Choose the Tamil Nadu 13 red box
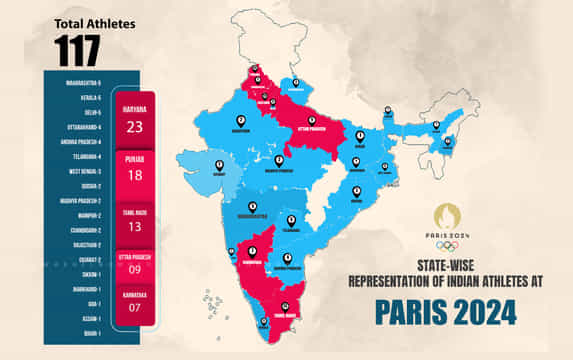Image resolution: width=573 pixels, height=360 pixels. pyautogui.click(x=134, y=223)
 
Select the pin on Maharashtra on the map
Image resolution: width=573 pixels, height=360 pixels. pyautogui.click(x=252, y=207)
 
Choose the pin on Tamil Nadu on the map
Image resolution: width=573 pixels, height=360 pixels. pyautogui.click(x=286, y=306)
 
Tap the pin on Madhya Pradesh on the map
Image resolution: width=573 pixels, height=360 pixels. pyautogui.click(x=279, y=159)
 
